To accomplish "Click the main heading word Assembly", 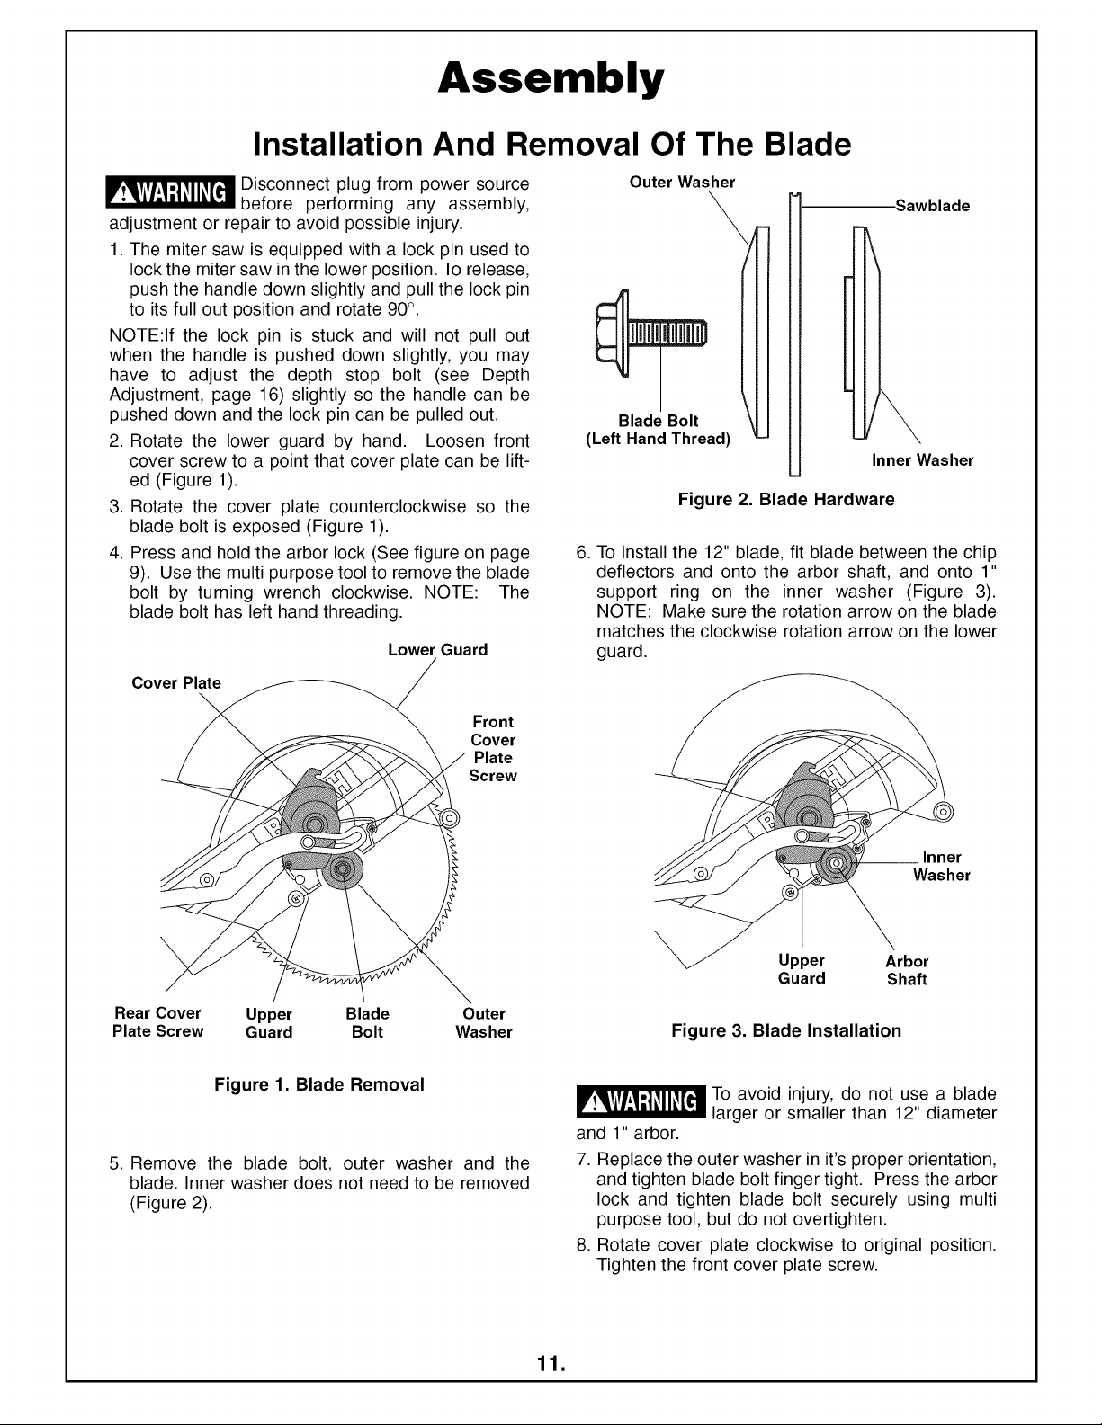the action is coord(551,80).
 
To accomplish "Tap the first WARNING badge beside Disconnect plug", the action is coord(170,192).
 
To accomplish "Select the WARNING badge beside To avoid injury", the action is coord(640,1101).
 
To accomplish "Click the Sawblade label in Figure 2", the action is coord(932,206).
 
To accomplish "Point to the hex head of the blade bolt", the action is coord(612,333).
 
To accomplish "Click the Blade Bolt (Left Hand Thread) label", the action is coord(658,430).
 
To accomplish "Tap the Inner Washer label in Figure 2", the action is coord(922,460).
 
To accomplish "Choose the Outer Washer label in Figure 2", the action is coord(682,183).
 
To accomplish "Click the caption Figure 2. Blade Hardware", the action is coord(786,500).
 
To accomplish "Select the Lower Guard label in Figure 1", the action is coord(437,650).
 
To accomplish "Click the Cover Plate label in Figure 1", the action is coord(176,683).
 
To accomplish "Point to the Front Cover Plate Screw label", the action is coord(493,749).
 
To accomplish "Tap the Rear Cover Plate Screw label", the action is coord(157,1021).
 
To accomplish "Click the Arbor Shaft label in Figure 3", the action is coord(907,970).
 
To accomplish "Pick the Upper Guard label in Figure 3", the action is coord(802,969).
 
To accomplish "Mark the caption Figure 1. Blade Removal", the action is coord(319,1084).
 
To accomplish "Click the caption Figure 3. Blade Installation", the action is coord(786,1031).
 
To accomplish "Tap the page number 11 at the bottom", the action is coord(551,1365).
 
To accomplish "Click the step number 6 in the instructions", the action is coord(583,552).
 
